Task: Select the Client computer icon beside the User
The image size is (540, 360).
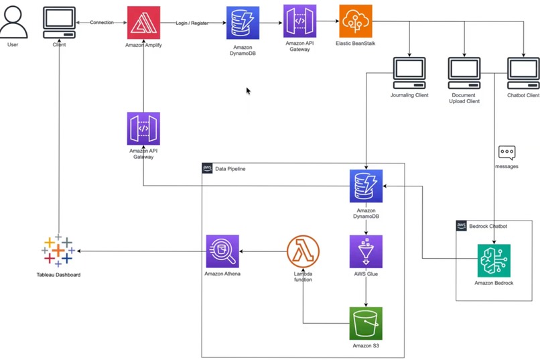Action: (60, 22)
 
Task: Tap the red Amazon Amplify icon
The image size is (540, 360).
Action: (143, 22)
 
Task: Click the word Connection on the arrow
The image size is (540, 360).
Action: (102, 22)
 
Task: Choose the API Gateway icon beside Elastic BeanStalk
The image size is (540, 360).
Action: (299, 21)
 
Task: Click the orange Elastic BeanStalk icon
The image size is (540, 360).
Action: (355, 22)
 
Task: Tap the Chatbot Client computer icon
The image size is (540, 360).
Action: (523, 72)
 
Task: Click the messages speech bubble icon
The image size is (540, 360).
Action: (507, 152)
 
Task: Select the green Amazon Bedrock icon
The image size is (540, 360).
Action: (494, 261)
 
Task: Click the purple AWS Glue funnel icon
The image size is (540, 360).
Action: (366, 251)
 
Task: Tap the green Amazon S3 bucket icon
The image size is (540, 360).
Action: (366, 323)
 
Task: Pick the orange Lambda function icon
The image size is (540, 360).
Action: (303, 251)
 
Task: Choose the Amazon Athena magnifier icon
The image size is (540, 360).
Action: (222, 251)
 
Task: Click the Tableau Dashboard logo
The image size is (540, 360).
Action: (58, 251)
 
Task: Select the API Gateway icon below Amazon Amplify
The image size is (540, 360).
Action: (143, 129)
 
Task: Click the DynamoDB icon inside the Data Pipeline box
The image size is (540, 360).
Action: (366, 186)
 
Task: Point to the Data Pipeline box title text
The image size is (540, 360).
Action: (230, 169)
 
